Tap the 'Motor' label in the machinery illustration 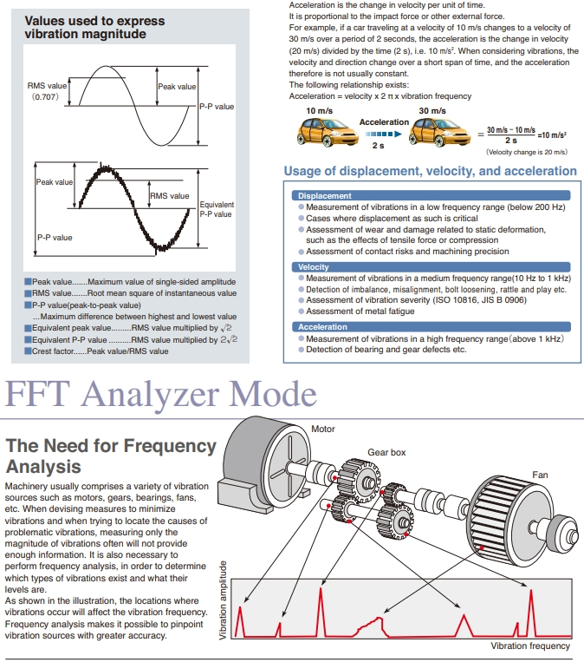[x=322, y=429]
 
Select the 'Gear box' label [x=386, y=452]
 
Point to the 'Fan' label [x=540, y=475]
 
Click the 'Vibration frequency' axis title [x=530, y=646]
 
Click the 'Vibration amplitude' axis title [x=224, y=600]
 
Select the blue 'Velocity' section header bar [x=313, y=267]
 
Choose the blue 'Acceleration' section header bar [x=322, y=327]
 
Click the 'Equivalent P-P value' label [x=216, y=209]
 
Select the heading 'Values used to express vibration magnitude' [x=85, y=27]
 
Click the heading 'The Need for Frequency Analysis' [x=110, y=456]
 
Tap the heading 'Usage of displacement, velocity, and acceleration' [x=430, y=171]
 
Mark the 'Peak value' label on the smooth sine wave [x=177, y=87]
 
